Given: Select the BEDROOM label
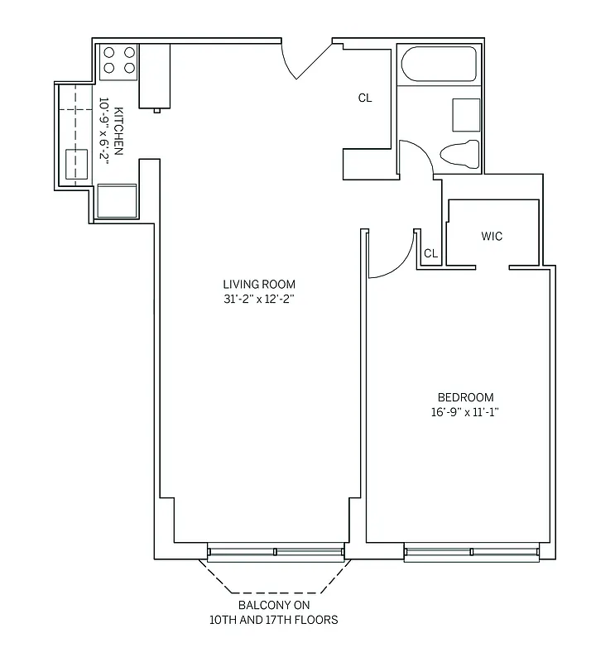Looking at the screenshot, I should (465, 397).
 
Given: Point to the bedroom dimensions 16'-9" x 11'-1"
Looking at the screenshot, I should (465, 412).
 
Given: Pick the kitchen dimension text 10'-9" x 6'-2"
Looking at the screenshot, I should (104, 132).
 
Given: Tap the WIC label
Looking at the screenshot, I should (492, 237).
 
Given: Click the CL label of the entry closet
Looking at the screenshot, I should (365, 98).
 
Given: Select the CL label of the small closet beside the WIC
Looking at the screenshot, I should (430, 253).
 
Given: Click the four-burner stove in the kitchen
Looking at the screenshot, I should (118, 62).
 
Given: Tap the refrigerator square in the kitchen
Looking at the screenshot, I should (117, 199).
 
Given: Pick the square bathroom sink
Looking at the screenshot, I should (465, 114).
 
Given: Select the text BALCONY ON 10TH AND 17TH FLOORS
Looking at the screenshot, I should (276, 612).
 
